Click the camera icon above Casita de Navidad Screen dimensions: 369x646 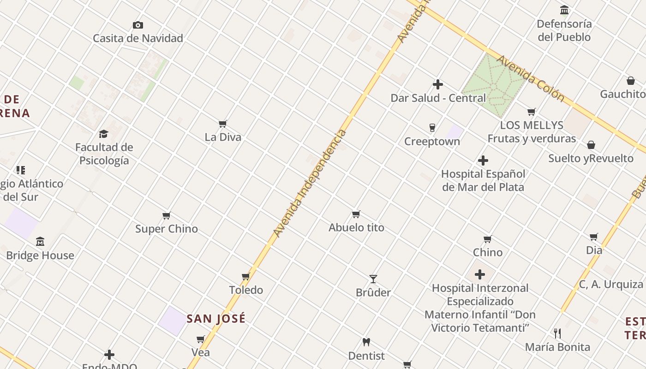pos(138,25)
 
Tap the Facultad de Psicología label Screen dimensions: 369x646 pos(104,154)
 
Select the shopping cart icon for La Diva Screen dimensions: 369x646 pos(223,124)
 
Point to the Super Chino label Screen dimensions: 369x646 pos(167,229)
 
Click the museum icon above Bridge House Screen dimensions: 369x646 pos(40,242)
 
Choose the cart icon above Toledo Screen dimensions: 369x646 pos(246,277)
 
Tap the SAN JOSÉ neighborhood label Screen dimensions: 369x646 pos(216,319)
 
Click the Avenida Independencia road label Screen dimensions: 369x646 pos(310,183)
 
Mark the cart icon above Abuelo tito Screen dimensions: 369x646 pos(356,214)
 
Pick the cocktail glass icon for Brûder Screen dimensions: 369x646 pos(373,279)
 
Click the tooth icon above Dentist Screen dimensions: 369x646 pos(366,342)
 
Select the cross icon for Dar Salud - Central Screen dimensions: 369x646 pos(438,84)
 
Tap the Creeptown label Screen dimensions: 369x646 pos(432,142)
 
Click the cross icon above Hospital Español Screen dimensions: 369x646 pos(483,161)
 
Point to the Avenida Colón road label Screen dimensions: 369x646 pos(530,78)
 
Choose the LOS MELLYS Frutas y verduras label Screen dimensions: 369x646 pos(532,132)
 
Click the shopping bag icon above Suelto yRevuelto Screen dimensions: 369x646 pos(591,145)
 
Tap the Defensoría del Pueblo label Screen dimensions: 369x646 pos(564,30)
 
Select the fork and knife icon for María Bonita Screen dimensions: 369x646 pos(557,333)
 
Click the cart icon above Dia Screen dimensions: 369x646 pos(594,237)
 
